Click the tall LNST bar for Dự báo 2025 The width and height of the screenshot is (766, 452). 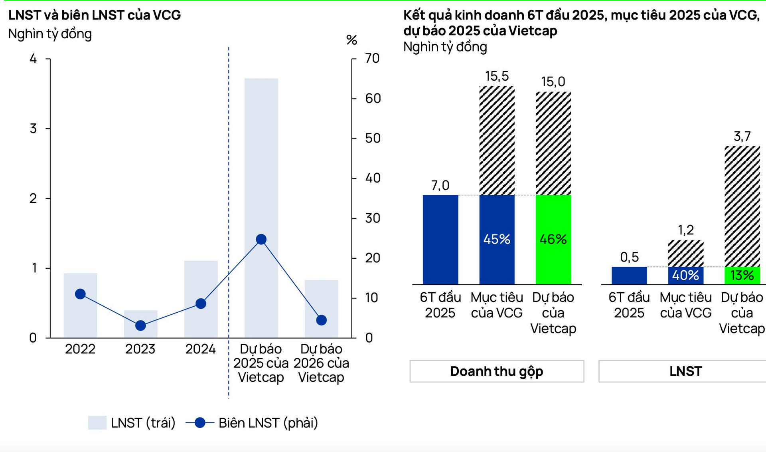click(261, 160)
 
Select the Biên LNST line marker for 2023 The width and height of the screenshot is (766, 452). click(140, 325)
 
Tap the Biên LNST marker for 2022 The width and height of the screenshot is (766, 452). click(80, 294)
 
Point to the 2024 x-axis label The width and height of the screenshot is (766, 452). click(200, 349)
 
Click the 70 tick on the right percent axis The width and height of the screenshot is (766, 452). click(372, 58)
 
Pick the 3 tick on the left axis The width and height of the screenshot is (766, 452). click(33, 129)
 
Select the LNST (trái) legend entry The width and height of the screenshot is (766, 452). click(132, 423)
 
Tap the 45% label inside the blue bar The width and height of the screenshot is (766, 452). click(497, 239)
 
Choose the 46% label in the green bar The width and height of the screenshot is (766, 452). click(553, 239)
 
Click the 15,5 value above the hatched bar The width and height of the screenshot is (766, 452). click(497, 76)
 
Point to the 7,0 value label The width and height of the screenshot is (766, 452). click(440, 185)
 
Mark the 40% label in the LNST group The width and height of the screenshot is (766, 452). click(685, 275)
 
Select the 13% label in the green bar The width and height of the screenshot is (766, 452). click(742, 275)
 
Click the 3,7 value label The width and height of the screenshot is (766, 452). click(742, 137)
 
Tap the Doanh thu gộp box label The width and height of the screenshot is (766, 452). click(497, 371)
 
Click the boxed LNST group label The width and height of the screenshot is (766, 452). click(685, 371)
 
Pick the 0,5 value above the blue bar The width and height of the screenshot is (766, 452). click(629, 257)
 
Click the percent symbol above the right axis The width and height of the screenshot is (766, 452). click(351, 40)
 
